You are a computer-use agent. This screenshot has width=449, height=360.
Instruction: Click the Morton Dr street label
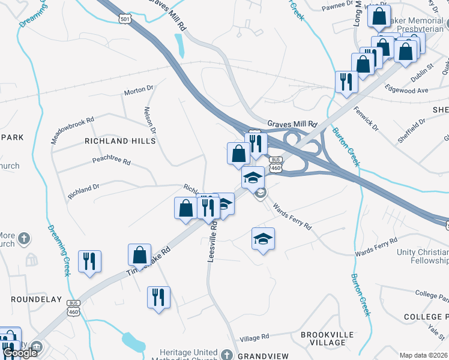[139, 91]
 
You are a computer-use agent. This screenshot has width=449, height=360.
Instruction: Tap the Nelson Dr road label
[149, 120]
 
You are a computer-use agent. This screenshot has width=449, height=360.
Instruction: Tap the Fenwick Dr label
[366, 119]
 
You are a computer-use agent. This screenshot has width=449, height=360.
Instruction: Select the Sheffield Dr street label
[411, 130]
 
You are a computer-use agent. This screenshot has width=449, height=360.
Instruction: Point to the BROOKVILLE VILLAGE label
[323, 338]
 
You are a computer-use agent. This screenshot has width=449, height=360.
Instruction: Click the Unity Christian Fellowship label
[423, 256]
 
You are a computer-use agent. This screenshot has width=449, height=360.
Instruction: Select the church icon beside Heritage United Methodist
[227, 354]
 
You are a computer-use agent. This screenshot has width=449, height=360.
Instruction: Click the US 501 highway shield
[125, 19]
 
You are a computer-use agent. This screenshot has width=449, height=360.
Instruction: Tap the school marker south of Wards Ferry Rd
[263, 239]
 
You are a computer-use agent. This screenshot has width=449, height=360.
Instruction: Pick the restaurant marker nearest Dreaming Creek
[89, 262]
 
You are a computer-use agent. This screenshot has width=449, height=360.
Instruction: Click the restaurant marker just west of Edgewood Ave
[346, 82]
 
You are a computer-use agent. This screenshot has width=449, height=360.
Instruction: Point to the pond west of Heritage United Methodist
[133, 342]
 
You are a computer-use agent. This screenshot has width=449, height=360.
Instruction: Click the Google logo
[20, 353]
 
